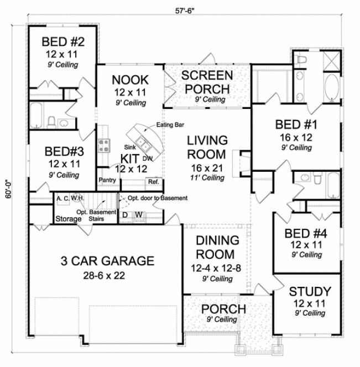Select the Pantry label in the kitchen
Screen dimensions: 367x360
click(107, 180)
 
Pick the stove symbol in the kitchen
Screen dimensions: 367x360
click(104, 146)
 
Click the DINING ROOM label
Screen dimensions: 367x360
click(209, 247)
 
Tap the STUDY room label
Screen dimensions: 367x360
click(309, 291)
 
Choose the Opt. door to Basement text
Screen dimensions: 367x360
click(158, 198)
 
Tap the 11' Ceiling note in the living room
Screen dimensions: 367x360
click(206, 178)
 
